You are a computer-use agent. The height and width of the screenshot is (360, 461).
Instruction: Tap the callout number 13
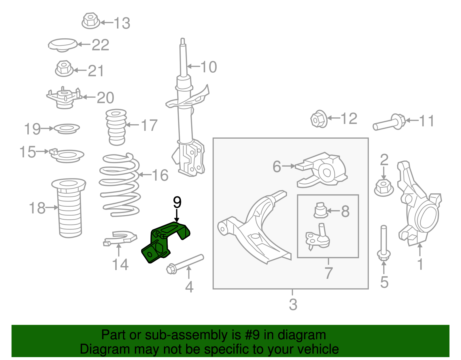point(122,23)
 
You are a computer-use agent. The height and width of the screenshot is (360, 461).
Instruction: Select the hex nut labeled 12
point(319,119)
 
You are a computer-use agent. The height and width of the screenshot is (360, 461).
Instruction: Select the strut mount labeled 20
point(64,98)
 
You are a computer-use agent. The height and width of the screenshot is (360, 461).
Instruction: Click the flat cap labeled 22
point(63,45)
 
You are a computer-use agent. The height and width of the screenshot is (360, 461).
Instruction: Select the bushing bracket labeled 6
point(323,170)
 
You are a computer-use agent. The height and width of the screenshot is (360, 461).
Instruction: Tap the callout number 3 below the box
point(293,304)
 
